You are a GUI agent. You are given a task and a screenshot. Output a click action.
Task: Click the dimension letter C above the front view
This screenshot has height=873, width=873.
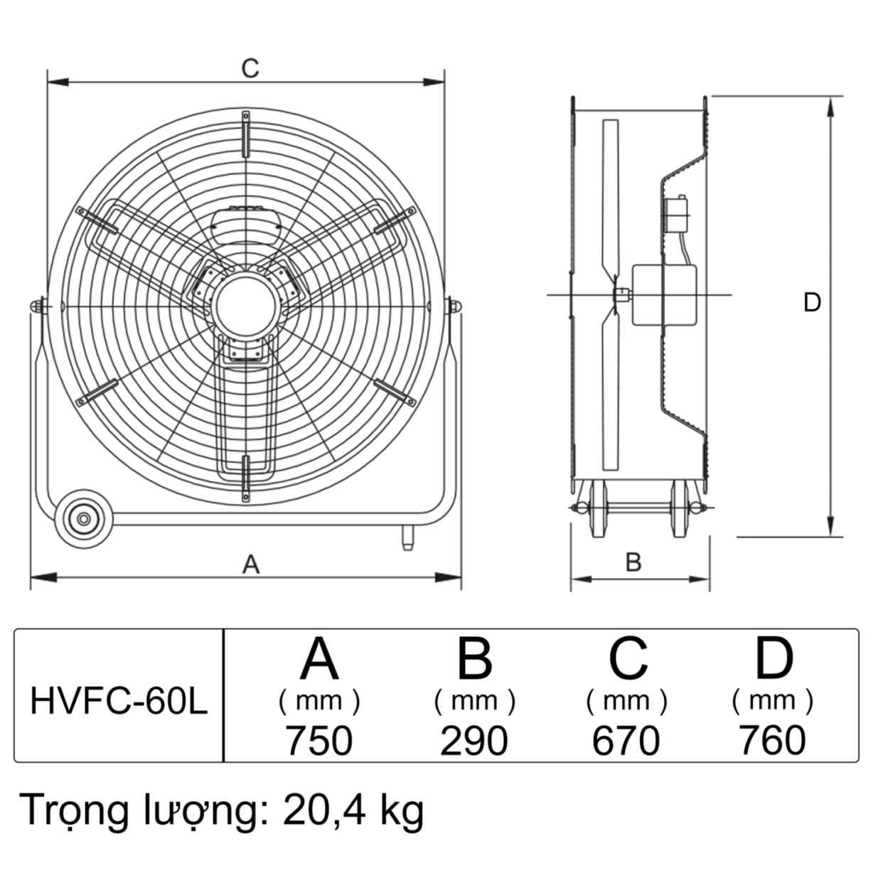(x=250, y=68)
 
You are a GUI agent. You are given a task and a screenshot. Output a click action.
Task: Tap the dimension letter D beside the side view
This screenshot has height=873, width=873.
(x=812, y=303)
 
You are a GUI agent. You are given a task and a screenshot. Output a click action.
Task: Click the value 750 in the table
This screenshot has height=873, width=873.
(x=319, y=741)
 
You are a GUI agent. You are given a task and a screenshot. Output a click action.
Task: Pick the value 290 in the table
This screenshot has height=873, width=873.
(x=474, y=741)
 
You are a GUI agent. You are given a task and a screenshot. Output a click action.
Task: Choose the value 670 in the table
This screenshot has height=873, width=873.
(x=626, y=741)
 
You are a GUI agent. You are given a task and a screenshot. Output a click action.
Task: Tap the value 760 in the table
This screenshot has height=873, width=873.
(x=773, y=741)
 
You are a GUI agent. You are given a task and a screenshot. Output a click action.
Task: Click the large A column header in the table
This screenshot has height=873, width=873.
(x=319, y=658)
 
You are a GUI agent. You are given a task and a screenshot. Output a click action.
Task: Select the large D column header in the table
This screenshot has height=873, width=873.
(x=773, y=658)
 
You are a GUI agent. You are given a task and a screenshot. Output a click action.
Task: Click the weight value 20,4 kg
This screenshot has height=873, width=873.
(x=353, y=810)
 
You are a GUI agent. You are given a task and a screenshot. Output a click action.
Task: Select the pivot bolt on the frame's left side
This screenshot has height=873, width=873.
(x=37, y=304)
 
